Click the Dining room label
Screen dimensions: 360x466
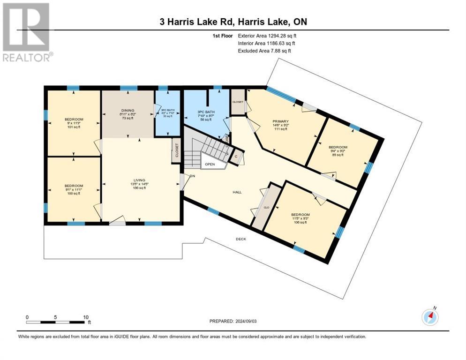pos(128,111)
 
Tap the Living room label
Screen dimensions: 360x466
pos(140,180)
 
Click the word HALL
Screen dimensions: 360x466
pos(237,192)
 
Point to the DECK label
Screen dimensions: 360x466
pos(241,239)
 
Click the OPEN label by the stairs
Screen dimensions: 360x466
pos(210,165)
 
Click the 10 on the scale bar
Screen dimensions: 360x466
pos(86,317)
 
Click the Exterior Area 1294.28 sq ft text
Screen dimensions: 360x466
pos(267,36)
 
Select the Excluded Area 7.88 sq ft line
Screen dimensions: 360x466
pos(264,51)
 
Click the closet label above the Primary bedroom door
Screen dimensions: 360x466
pos(237,102)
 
